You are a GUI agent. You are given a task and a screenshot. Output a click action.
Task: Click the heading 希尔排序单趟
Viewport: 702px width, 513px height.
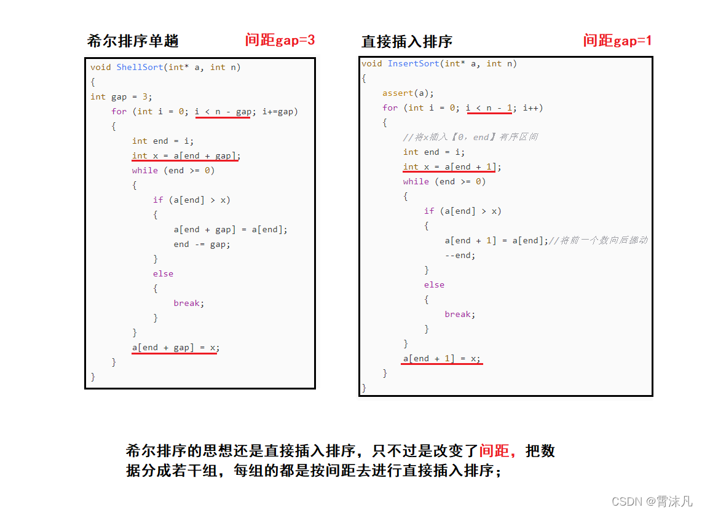133,41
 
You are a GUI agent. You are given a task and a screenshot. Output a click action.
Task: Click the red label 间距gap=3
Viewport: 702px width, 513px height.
280,40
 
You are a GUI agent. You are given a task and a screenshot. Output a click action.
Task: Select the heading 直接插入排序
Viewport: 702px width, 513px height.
407,41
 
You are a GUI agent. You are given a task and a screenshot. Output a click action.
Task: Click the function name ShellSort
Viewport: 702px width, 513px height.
140,67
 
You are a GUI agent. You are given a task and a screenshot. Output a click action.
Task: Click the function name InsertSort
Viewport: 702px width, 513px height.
413,63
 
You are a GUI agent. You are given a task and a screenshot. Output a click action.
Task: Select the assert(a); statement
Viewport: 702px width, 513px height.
408,93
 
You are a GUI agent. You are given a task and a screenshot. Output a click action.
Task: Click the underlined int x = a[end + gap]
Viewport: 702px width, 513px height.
185,155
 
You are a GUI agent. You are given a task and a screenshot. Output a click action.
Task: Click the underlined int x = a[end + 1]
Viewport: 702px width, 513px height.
452,166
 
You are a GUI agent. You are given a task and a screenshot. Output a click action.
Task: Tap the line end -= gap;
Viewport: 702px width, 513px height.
202,244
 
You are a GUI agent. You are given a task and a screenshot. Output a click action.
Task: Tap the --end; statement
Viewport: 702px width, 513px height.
460,255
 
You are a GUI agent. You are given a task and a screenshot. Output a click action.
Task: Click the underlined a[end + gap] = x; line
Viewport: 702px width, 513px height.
175,347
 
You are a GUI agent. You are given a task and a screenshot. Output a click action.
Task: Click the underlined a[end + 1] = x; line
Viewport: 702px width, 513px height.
442,358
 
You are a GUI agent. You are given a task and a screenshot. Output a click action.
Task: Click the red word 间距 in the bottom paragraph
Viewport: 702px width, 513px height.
495,451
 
